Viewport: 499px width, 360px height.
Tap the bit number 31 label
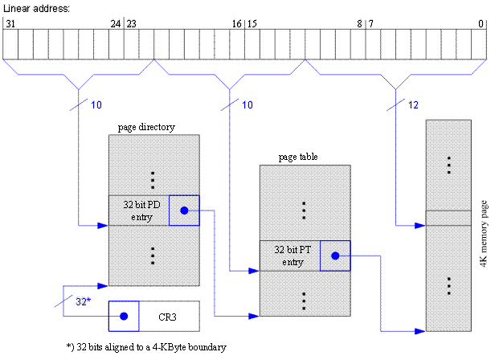10,24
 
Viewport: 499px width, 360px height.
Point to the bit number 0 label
481,24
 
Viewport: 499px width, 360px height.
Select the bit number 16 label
236,24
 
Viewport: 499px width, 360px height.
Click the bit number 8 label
358,24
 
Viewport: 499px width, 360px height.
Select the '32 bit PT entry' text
289,256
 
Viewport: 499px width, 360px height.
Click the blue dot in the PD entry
184,211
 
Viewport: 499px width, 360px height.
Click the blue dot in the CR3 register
124,317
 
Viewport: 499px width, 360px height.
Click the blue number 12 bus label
414,105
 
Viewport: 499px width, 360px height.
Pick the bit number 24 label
116,24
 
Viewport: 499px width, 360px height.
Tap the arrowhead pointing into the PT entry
255,271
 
